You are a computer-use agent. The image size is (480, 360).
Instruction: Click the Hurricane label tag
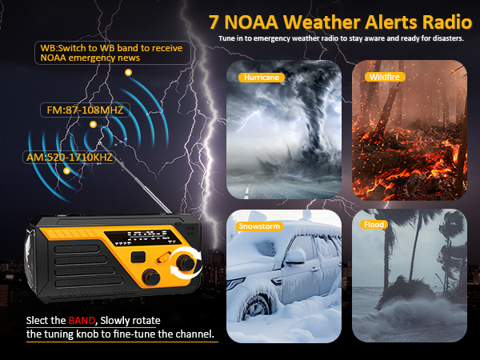(259, 78)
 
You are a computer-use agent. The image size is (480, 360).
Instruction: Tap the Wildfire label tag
(384, 77)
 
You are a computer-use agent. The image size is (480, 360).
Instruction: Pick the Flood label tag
(374, 225)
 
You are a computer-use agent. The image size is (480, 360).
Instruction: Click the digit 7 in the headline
(214, 22)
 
